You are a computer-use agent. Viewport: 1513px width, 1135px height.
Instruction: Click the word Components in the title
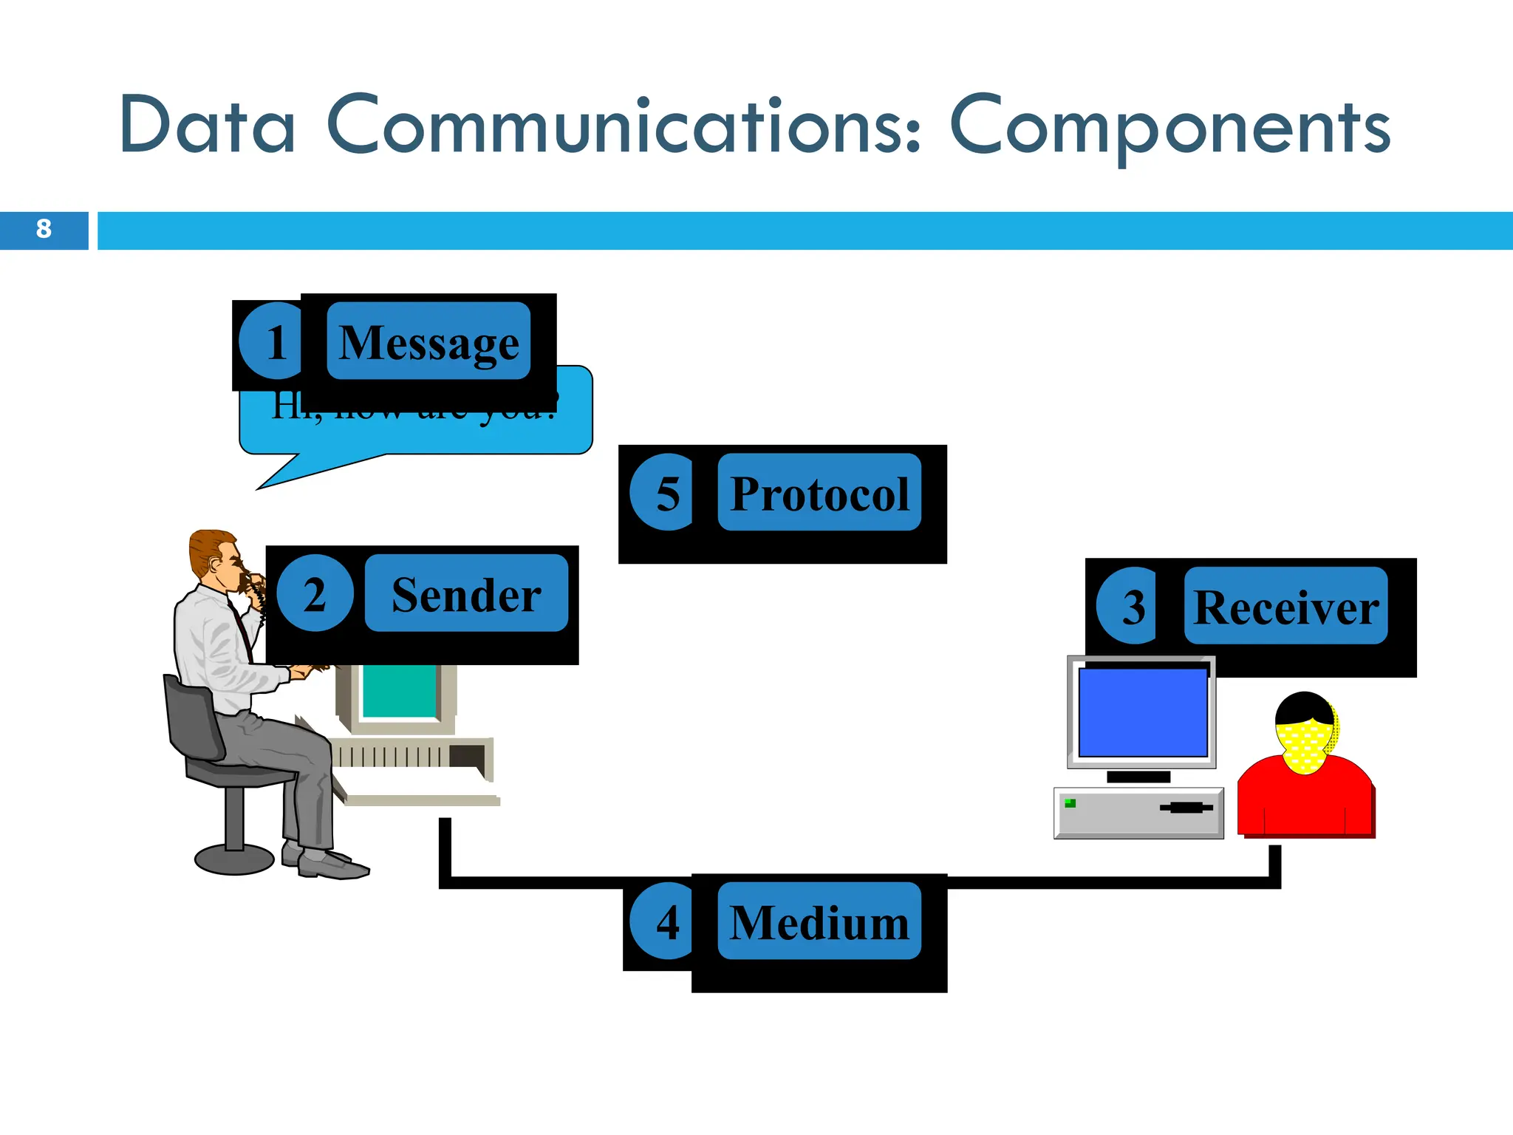(x=1169, y=127)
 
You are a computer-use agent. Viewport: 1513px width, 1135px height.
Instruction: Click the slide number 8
(x=44, y=229)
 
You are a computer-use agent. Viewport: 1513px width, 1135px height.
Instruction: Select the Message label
(x=428, y=341)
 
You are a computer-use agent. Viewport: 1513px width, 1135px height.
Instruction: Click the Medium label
(x=819, y=921)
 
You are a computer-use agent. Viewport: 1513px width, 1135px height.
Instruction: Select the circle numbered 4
(x=665, y=921)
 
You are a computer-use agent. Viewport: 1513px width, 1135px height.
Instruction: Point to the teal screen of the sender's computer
(x=399, y=691)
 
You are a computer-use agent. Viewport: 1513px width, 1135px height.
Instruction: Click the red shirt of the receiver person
(x=1305, y=802)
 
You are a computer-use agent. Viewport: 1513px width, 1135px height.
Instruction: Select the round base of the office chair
(x=234, y=859)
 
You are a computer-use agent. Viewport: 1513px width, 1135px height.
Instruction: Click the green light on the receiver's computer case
(x=1070, y=803)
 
